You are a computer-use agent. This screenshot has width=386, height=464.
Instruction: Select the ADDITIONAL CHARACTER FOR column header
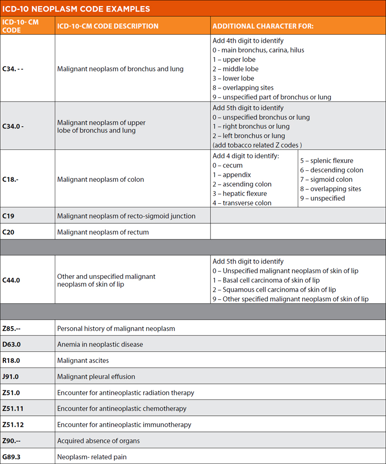tap(263, 26)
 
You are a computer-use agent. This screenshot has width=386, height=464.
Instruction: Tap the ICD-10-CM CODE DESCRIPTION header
tap(108, 26)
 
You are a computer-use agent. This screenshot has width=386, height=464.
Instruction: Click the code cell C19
tap(8, 216)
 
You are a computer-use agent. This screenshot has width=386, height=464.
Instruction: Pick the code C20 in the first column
tap(8, 232)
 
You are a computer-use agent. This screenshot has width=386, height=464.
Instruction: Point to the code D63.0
tap(11, 344)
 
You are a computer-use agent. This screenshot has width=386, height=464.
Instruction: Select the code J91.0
tap(10, 376)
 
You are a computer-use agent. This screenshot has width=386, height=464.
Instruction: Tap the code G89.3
tap(11, 457)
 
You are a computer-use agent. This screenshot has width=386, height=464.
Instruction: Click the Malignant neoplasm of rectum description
tap(103, 232)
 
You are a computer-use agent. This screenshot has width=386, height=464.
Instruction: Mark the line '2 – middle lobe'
tap(236, 69)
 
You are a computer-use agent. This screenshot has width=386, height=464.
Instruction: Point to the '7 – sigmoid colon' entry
tap(326, 180)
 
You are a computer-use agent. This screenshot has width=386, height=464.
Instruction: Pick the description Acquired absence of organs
tap(98, 440)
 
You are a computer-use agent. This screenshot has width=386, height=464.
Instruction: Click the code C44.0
tap(11, 280)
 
